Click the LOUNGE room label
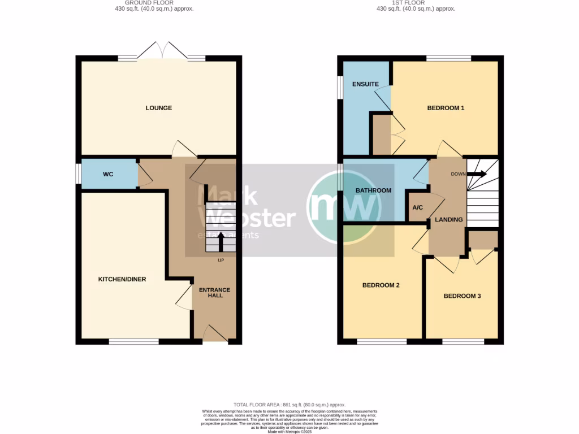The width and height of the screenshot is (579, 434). [x=159, y=108]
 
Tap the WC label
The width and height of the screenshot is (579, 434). [x=108, y=174]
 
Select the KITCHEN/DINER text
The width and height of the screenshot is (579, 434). [x=122, y=279]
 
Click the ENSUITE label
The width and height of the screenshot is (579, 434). [x=365, y=84]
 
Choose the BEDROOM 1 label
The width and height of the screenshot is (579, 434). [x=446, y=108]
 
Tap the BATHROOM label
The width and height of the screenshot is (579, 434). [x=373, y=190]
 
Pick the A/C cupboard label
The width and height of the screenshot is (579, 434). [x=418, y=208]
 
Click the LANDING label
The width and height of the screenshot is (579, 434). [x=449, y=219]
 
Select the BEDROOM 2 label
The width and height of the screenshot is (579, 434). [x=381, y=285]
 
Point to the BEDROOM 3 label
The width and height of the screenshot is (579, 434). [x=462, y=296]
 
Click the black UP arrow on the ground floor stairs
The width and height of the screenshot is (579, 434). [x=221, y=241]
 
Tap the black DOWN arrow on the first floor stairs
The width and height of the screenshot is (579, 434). [x=476, y=174]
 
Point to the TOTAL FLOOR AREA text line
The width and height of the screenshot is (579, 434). [x=289, y=405]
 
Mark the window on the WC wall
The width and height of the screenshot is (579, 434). [x=79, y=174]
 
